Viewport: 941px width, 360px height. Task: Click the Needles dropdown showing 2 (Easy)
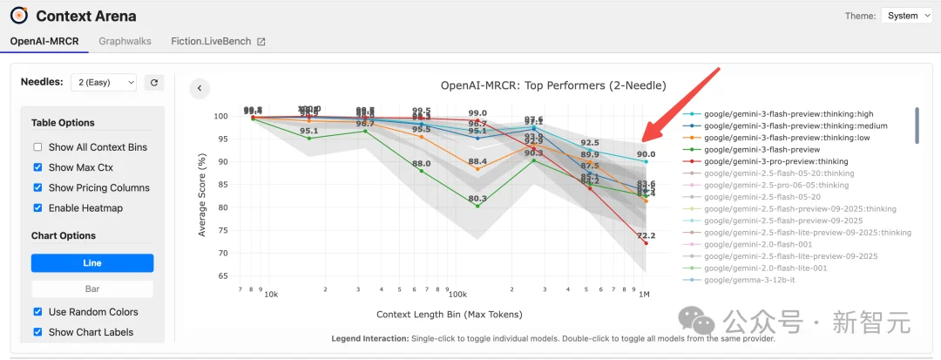click(x=103, y=82)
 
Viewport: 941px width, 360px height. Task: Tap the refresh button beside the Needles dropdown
click(x=154, y=82)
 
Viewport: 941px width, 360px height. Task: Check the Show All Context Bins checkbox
click(x=37, y=147)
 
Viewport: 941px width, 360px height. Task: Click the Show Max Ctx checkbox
click(x=37, y=167)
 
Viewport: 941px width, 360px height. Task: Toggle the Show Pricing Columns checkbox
click(x=37, y=187)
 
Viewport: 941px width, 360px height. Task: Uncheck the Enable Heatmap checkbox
click(x=37, y=207)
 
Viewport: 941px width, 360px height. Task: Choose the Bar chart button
click(x=92, y=289)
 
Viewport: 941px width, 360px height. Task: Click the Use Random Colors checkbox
click(x=37, y=312)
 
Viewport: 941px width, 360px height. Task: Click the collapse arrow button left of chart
click(x=200, y=88)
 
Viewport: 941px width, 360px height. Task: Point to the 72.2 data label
click(x=647, y=236)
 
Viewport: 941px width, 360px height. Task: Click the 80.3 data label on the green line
click(x=477, y=199)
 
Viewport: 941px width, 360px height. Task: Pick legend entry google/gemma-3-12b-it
click(x=751, y=280)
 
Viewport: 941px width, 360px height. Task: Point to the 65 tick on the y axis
click(x=221, y=276)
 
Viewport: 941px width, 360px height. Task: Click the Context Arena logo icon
click(x=18, y=16)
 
